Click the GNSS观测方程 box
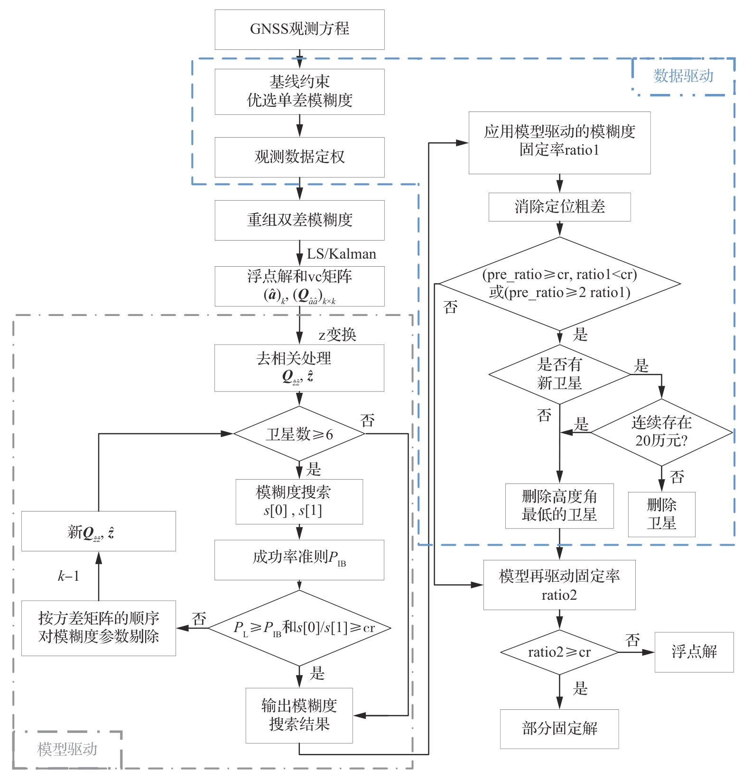[299, 29]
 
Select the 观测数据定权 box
[299, 157]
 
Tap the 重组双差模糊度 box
[299, 220]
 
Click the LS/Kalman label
[341, 254]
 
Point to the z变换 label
[337, 335]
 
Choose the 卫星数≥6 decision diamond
[299, 434]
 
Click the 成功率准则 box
[299, 559]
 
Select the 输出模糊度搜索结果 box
[299, 715]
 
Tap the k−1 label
[68, 576]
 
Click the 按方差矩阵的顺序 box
[99, 628]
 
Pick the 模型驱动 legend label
[67, 749]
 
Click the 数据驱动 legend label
[683, 76]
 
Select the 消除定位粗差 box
[559, 207]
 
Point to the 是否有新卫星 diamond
[559, 374]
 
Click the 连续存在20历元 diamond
[661, 432]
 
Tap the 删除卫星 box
[661, 514]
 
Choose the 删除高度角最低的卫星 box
[559, 506]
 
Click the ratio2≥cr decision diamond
[559, 652]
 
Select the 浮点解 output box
[694, 652]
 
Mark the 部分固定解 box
[559, 729]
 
